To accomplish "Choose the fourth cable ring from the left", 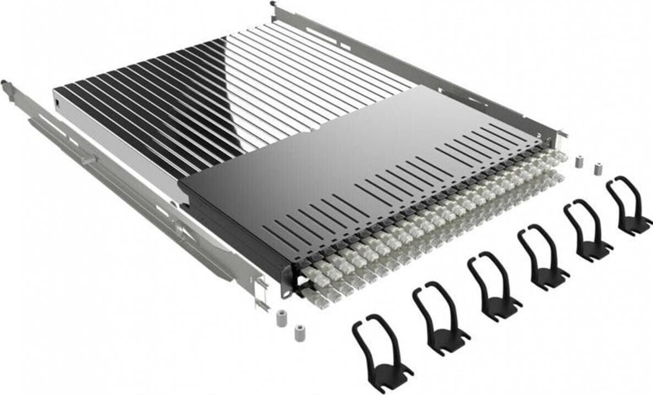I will (x=541, y=256).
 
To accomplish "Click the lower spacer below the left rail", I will (x=299, y=333).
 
